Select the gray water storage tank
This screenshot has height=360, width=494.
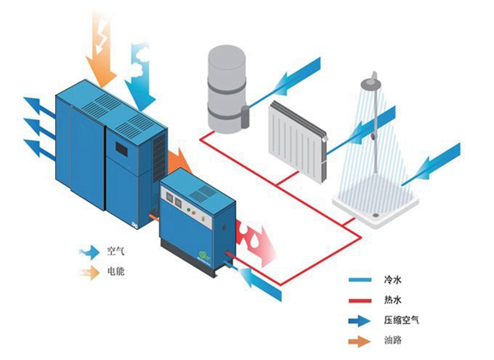pyautogui.click(x=226, y=89)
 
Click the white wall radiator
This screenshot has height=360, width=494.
pyautogui.click(x=298, y=143)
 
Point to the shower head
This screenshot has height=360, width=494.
pyautogui.click(x=372, y=82)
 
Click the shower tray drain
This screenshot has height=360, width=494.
pyautogui.click(x=376, y=216)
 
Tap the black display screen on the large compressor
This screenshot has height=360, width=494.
pyautogui.click(x=122, y=149)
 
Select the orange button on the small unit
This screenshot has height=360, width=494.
pyautogui.click(x=193, y=213)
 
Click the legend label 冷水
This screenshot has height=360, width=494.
pyautogui.click(x=393, y=279)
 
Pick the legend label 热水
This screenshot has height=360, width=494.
pyautogui.click(x=393, y=300)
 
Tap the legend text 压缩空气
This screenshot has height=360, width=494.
pyautogui.click(x=402, y=320)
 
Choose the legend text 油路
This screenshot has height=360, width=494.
pyautogui.click(x=393, y=340)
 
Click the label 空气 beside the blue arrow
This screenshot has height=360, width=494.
pyautogui.click(x=116, y=251)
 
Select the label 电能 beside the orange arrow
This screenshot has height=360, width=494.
pyautogui.click(x=116, y=271)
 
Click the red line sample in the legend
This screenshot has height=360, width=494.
pyautogui.click(x=360, y=301)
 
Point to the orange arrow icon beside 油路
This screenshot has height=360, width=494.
pyautogui.click(x=360, y=341)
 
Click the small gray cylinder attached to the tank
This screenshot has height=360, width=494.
pyautogui.click(x=245, y=117)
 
